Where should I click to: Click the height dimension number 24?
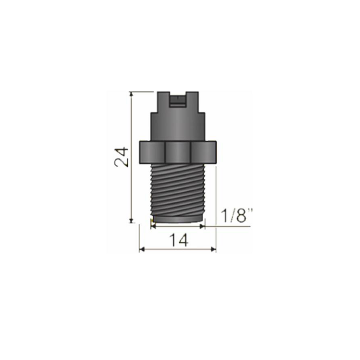pos(121,157)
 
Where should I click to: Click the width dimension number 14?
pos(179,240)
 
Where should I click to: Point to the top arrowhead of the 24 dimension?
pos(131,94)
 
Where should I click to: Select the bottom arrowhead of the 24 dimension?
pos(131,220)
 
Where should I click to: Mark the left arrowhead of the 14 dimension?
pos(142,249)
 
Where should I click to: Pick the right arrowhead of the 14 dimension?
pos(214,249)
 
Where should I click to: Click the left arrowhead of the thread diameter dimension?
pos(153,226)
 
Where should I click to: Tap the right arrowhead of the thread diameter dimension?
pos(202,226)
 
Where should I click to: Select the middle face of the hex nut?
pos(178,153)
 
